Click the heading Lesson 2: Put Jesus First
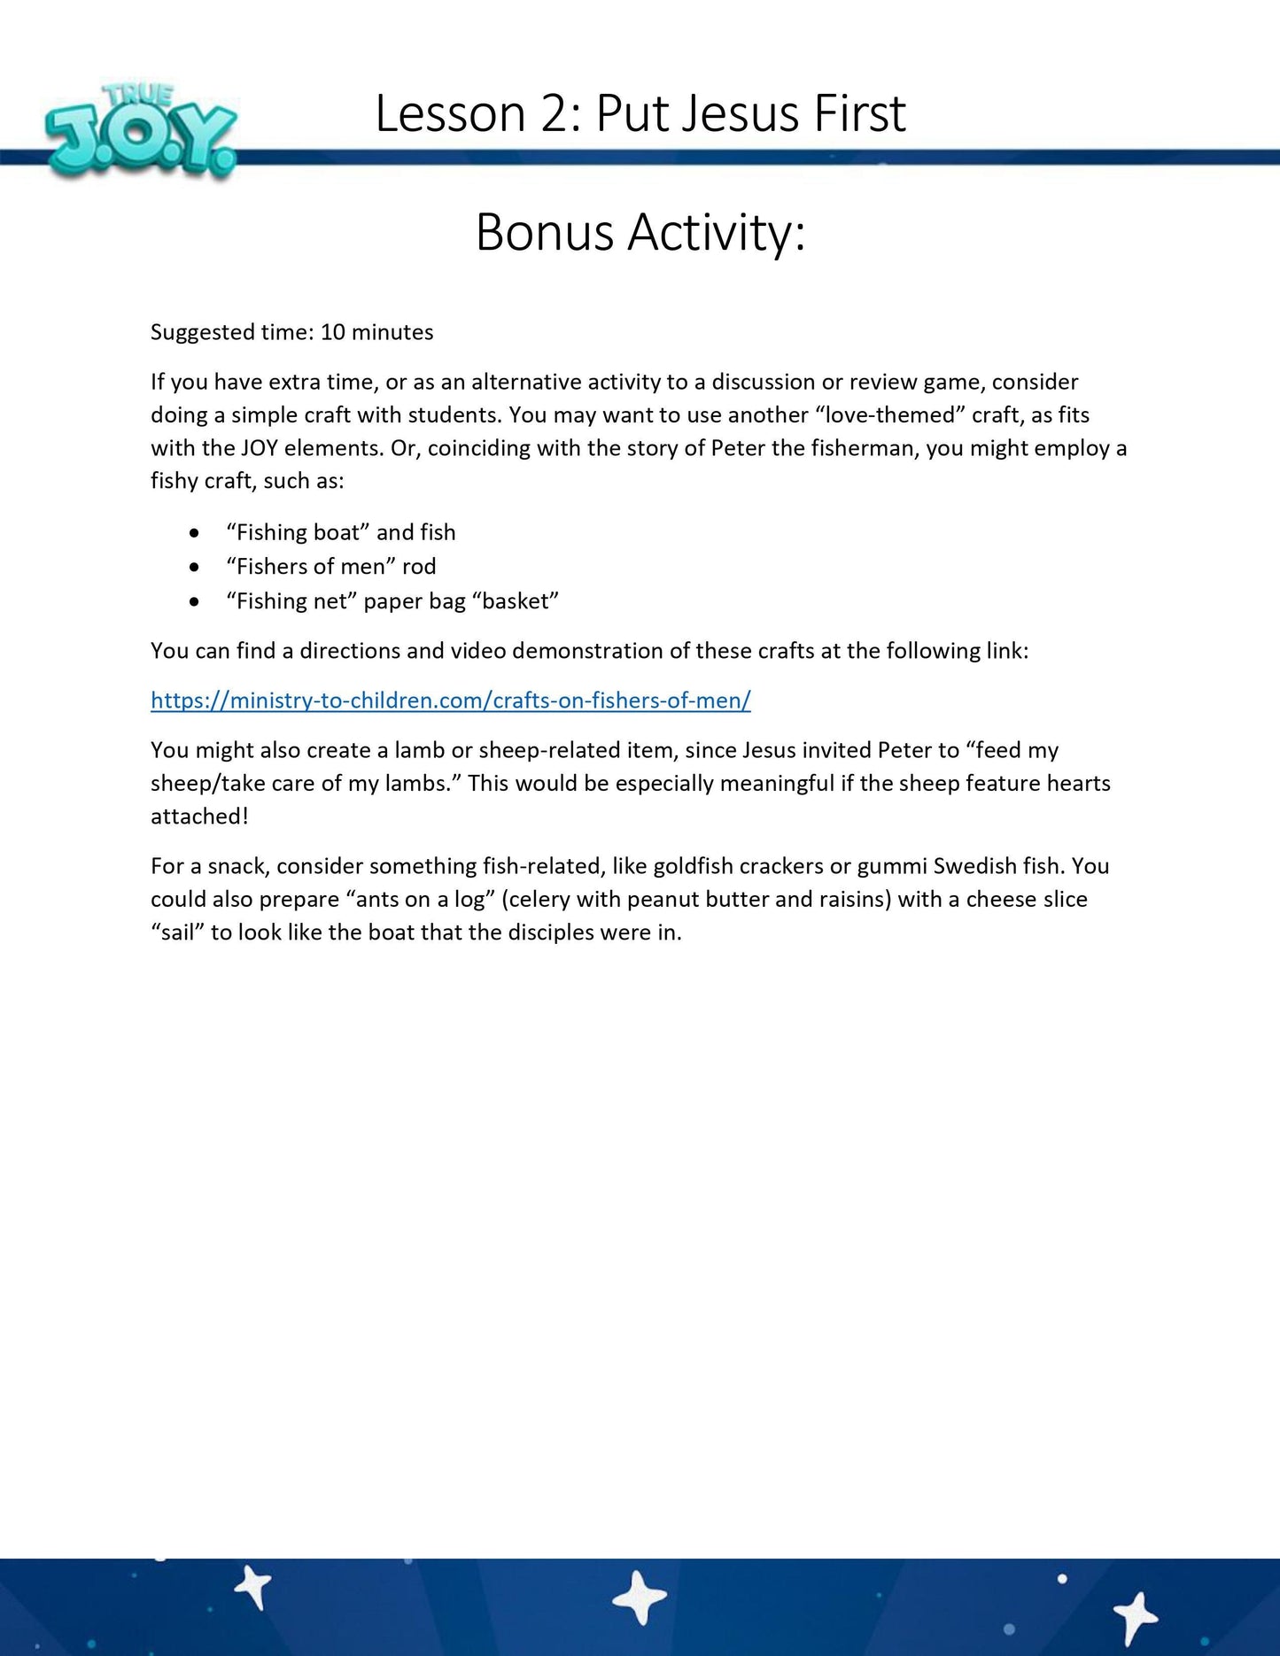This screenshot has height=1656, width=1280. (x=640, y=113)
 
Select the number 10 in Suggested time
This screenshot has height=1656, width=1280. (x=332, y=332)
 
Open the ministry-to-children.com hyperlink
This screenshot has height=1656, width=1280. (x=450, y=700)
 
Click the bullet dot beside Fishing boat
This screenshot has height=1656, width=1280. (x=194, y=533)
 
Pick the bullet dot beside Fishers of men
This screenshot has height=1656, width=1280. (x=194, y=567)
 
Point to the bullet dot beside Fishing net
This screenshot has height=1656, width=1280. (x=194, y=601)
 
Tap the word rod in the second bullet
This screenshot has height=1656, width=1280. (x=419, y=567)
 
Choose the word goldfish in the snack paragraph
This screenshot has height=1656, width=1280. (x=693, y=866)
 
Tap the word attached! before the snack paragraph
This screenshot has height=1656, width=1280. (x=199, y=816)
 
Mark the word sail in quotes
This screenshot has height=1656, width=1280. (x=177, y=932)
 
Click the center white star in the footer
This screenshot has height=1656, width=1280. (x=640, y=1598)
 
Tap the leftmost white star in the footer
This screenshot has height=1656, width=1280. (x=254, y=1587)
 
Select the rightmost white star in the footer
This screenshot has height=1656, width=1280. (x=1136, y=1613)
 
